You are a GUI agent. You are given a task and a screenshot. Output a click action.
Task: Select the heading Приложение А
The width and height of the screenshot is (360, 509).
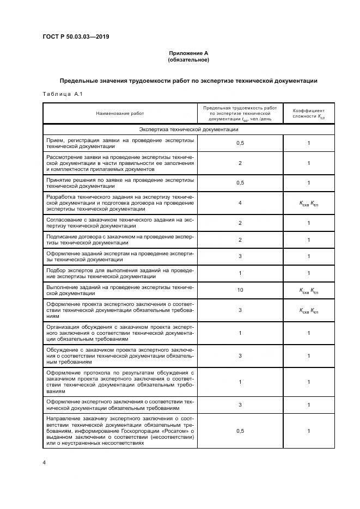[188, 53]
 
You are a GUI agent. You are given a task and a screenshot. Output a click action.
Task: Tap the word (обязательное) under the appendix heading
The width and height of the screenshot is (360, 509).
[188, 59]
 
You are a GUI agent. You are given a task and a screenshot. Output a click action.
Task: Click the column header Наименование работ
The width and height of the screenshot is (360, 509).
[120, 113]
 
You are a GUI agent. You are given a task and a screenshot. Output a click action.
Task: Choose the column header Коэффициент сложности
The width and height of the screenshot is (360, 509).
[308, 113]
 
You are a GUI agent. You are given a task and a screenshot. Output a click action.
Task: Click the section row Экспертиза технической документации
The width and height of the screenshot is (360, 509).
[188, 130]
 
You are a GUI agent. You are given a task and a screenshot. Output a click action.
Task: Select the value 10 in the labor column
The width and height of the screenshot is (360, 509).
[240, 290]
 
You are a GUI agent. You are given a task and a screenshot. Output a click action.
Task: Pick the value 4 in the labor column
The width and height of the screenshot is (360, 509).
[240, 203]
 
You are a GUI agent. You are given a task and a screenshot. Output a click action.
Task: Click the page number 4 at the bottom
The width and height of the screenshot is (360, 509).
[44, 462]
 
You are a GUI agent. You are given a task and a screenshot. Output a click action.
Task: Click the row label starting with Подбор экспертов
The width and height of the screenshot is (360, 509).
[120, 273]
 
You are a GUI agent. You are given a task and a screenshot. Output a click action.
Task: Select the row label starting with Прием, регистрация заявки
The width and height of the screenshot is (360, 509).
[120, 143]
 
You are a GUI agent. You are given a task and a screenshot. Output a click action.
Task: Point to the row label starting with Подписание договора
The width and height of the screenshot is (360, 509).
[120, 240]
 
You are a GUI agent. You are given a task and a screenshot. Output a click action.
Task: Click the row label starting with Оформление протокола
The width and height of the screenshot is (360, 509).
[120, 382]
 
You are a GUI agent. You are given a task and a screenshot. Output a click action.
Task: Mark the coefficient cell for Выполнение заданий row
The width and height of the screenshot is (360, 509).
[308, 290]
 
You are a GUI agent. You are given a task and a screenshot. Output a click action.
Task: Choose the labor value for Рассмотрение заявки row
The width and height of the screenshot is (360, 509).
[240, 163]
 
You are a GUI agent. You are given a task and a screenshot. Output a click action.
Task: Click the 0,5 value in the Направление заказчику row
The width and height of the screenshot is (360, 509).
[240, 431]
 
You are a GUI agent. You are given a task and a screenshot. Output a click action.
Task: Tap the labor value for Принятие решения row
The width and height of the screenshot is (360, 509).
[240, 182]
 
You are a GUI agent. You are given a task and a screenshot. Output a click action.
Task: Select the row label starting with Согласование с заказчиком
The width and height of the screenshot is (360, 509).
[120, 223]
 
